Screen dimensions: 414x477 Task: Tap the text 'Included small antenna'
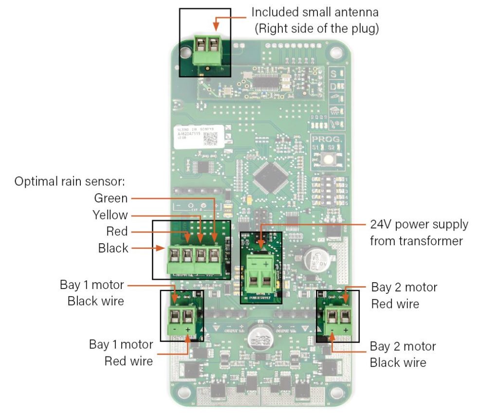[x=314, y=11]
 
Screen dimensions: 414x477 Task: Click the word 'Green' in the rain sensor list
[x=110, y=198]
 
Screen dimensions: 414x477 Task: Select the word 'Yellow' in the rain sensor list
[x=110, y=215]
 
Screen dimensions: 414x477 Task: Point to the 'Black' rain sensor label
[x=113, y=248]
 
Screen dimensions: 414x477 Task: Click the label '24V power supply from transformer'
[x=415, y=233]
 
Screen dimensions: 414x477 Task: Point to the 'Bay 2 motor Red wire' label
[x=404, y=295]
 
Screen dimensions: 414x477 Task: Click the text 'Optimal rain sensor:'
[x=70, y=181]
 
